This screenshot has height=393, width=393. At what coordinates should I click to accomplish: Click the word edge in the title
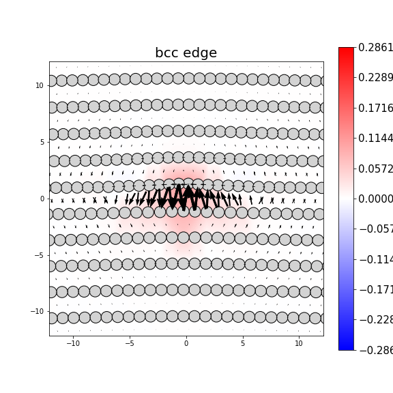point(202,53)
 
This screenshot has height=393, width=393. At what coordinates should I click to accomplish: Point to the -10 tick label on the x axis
point(72,343)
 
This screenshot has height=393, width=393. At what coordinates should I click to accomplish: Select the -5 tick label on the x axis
point(129,343)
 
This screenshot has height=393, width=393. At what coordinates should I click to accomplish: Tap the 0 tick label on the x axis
point(186,343)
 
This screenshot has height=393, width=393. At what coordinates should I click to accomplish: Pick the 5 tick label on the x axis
point(242,343)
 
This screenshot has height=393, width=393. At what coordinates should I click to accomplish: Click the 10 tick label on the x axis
point(299,343)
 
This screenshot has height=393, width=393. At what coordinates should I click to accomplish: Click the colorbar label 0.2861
point(375,48)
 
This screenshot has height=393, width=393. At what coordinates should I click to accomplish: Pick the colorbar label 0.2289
point(375,78)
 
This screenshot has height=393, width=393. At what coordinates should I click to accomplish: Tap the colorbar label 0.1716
point(375,108)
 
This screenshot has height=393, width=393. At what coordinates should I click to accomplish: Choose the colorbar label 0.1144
point(375,139)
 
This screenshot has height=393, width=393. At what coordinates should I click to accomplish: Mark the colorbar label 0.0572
point(375,169)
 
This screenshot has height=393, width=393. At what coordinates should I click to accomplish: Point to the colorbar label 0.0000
point(375,199)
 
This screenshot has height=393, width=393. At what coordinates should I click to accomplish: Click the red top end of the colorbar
point(346,50)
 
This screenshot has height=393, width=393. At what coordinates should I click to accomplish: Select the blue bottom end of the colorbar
point(346,347)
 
